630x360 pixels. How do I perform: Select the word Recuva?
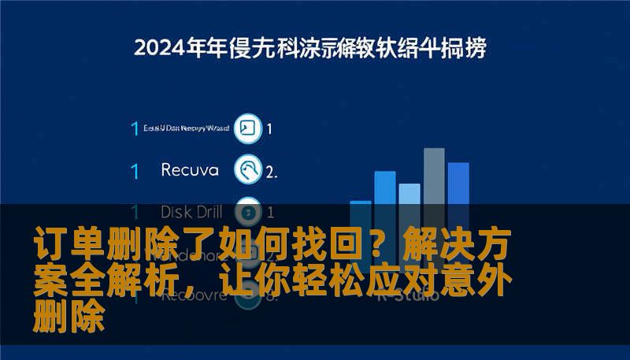189,169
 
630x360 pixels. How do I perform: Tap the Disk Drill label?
191,211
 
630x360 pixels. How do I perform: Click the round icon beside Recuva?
249,169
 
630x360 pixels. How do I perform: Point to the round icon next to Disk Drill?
249,210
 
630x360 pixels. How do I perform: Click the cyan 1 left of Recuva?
135,170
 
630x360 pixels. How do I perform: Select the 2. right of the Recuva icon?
271,171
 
